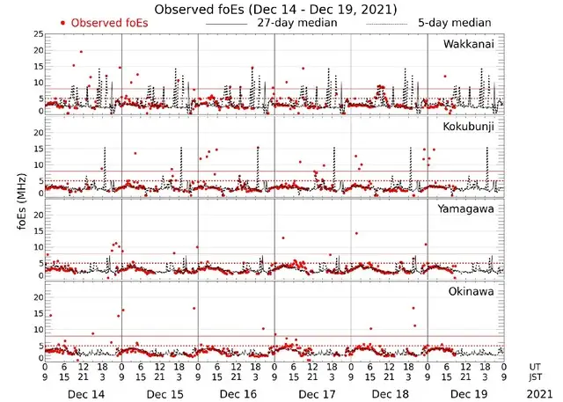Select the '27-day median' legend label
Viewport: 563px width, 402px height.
296,22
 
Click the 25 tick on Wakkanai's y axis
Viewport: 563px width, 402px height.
37,34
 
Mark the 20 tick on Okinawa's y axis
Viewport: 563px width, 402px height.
37,297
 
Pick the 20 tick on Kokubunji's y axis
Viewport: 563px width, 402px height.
37,133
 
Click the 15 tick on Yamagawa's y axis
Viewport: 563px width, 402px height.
37,231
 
